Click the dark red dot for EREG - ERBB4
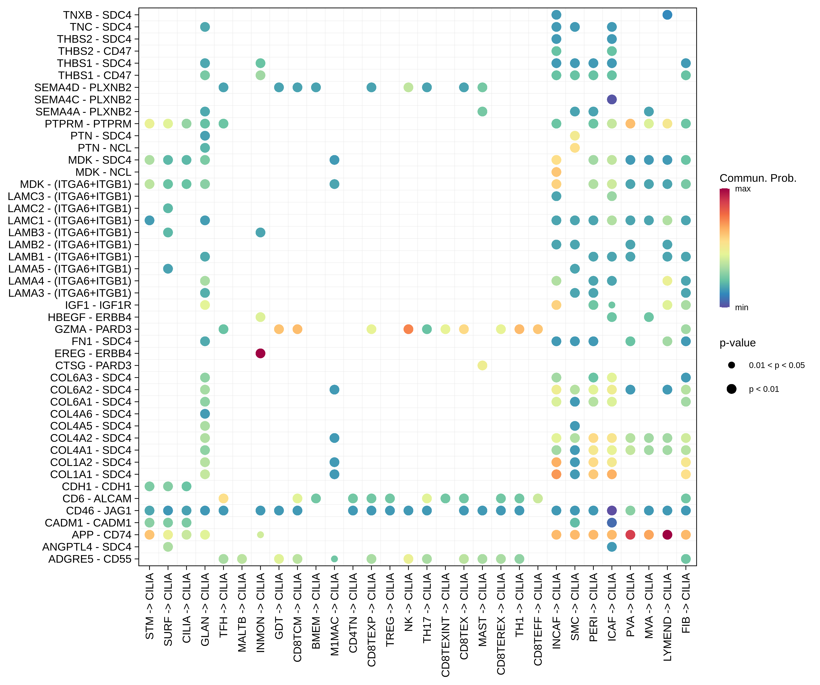point(260,353)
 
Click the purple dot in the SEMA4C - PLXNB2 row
point(612,100)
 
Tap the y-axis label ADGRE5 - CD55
point(90,559)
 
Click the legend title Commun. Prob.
point(758,178)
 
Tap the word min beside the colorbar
point(741,307)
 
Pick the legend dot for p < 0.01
point(731,389)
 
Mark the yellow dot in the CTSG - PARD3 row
point(482,365)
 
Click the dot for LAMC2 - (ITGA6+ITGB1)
point(168,208)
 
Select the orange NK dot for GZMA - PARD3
point(409,329)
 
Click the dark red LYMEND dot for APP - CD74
point(667,535)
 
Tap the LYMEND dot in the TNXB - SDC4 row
point(667,15)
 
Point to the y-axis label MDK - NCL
point(104,172)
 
